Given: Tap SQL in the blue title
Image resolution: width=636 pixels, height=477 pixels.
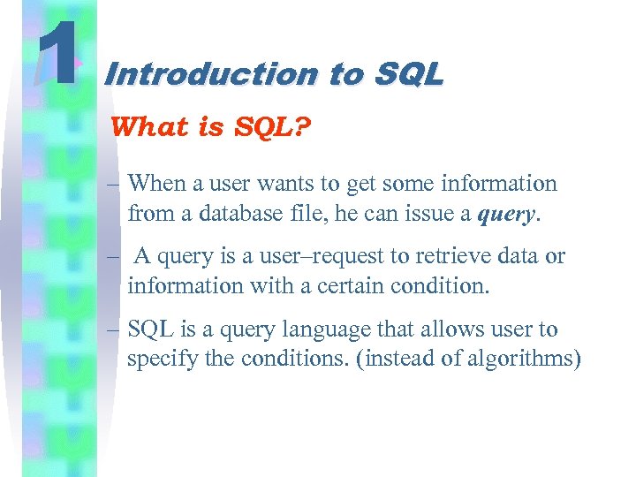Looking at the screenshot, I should coord(407,75).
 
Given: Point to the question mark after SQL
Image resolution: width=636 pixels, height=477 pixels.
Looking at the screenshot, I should coord(302,127).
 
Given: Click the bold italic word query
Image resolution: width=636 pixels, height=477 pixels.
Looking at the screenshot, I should coord(504,214).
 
